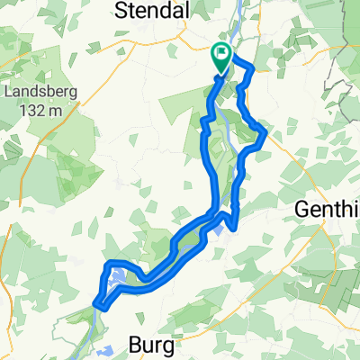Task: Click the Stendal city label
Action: point(151,10)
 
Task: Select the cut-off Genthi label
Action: point(328,210)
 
